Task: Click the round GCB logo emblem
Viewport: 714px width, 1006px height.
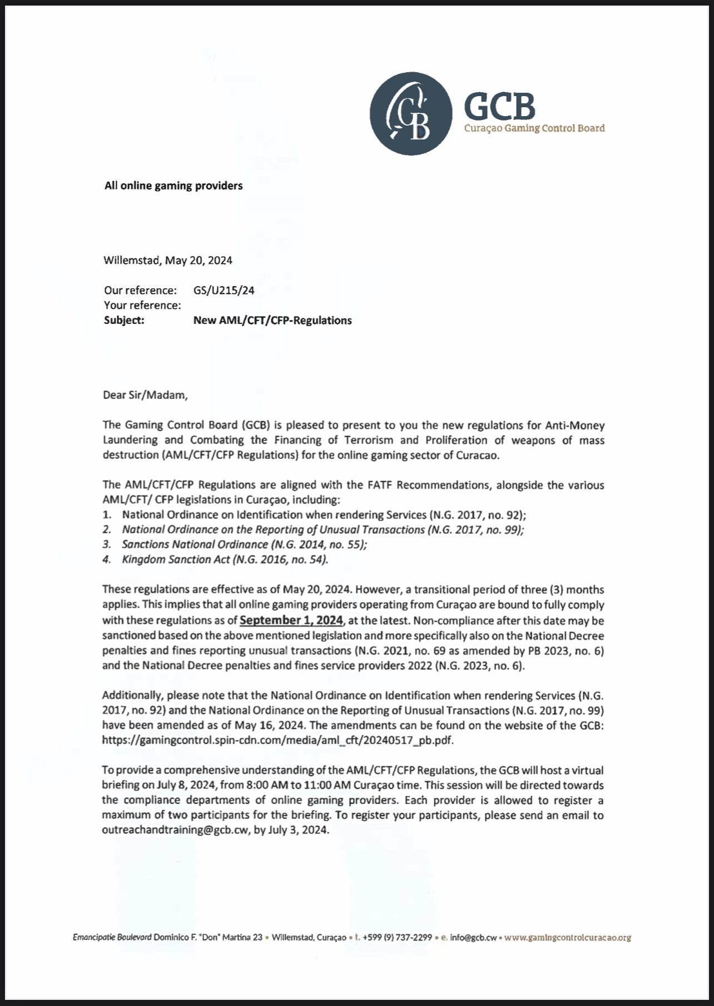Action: tap(411, 113)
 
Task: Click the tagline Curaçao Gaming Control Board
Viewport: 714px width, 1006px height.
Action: tap(534, 128)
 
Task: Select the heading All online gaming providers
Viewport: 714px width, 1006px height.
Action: tap(173, 186)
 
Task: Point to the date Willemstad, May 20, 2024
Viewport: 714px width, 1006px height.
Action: tap(168, 260)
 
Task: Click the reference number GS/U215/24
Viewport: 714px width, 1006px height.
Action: tap(224, 290)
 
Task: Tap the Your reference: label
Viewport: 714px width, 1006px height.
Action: tap(142, 305)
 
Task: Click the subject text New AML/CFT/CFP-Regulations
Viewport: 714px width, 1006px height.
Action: tap(272, 320)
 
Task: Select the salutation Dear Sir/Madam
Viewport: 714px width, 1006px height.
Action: tap(146, 395)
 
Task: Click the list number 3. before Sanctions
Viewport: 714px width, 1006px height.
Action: tap(107, 544)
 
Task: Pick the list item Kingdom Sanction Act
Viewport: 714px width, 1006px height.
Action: tap(225, 559)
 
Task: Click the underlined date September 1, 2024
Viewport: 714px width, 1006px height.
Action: tap(291, 620)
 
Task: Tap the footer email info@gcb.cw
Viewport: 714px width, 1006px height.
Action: tap(473, 937)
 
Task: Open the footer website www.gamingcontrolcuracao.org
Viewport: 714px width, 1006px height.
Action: tap(567, 937)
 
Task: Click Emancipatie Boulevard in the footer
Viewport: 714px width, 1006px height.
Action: tap(112, 937)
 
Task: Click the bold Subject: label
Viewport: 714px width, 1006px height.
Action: tap(124, 320)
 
